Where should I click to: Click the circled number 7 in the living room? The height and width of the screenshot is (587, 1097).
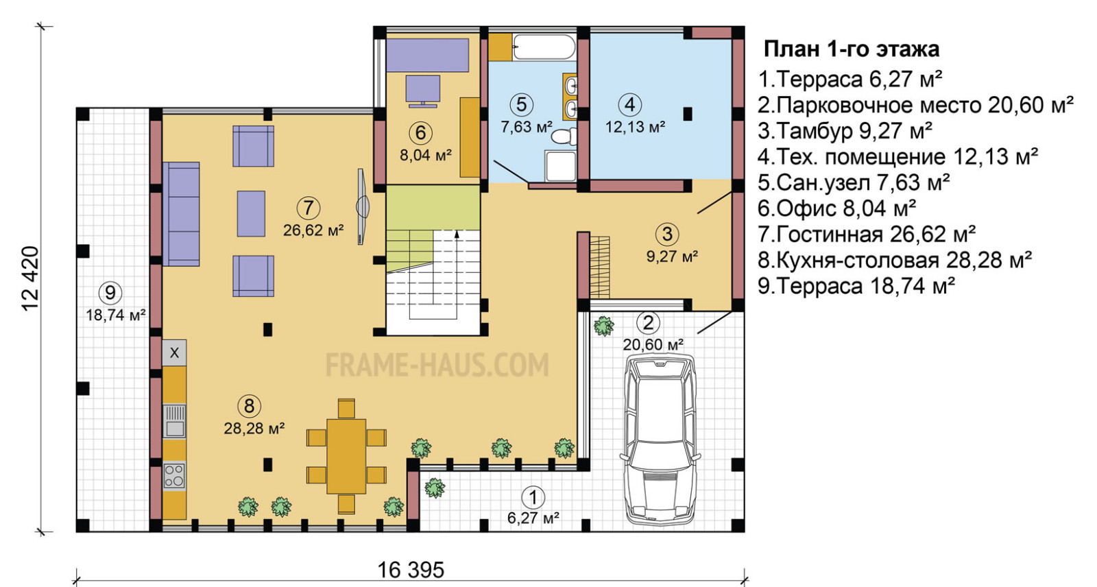(309, 208)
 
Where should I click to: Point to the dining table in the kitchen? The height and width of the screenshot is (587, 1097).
(346, 456)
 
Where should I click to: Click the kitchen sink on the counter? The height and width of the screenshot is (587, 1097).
(174, 420)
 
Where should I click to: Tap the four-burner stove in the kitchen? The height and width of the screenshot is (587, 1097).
(174, 475)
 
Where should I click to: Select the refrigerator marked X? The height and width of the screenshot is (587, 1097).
(174, 352)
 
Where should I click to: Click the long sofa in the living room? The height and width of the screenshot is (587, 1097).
(181, 214)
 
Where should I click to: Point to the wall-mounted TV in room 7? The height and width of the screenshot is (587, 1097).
(363, 206)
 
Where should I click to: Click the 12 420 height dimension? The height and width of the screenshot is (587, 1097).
(30, 278)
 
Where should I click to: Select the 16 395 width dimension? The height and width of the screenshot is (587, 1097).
(411, 570)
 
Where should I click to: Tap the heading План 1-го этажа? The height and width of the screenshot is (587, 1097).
(852, 49)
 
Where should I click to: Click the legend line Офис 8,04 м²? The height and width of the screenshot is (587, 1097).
(837, 208)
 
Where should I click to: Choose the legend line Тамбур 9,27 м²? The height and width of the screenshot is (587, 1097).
(845, 131)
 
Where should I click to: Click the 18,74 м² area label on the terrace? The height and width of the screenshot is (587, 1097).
(116, 315)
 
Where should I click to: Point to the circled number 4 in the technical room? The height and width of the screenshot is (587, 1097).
(630, 104)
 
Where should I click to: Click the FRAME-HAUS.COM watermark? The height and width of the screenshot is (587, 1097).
(437, 365)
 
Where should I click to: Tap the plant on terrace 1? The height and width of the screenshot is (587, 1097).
(435, 488)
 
